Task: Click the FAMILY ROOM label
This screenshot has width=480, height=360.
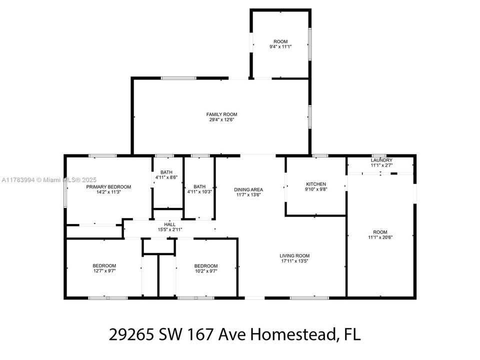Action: pyautogui.click(x=221, y=114)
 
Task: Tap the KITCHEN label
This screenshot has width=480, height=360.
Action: pyautogui.click(x=316, y=184)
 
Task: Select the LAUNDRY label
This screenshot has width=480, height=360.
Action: pyautogui.click(x=381, y=160)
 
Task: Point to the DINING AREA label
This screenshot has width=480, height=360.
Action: pyautogui.click(x=248, y=189)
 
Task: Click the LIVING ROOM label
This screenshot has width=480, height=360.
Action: pyautogui.click(x=294, y=255)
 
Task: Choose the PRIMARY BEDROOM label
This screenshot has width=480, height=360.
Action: pyautogui.click(x=108, y=186)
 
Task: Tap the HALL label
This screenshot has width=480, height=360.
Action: pyautogui.click(x=169, y=224)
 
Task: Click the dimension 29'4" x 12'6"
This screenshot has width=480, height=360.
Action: pyautogui.click(x=221, y=119)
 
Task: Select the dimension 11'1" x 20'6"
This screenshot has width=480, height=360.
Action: pyautogui.click(x=380, y=237)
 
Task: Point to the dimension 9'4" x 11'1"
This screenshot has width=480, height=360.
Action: pyautogui.click(x=280, y=47)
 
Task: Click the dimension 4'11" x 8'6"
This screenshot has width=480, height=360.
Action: pyautogui.click(x=166, y=177)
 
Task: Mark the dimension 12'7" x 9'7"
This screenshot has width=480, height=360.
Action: pyautogui.click(x=104, y=271)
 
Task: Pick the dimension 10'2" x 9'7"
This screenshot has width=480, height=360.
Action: pyautogui.click(x=205, y=271)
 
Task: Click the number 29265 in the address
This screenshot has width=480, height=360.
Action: pyautogui.click(x=131, y=334)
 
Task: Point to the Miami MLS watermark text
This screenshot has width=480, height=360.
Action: pyautogui.click(x=49, y=180)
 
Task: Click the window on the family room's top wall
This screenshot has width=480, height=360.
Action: pyautogui.click(x=179, y=78)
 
